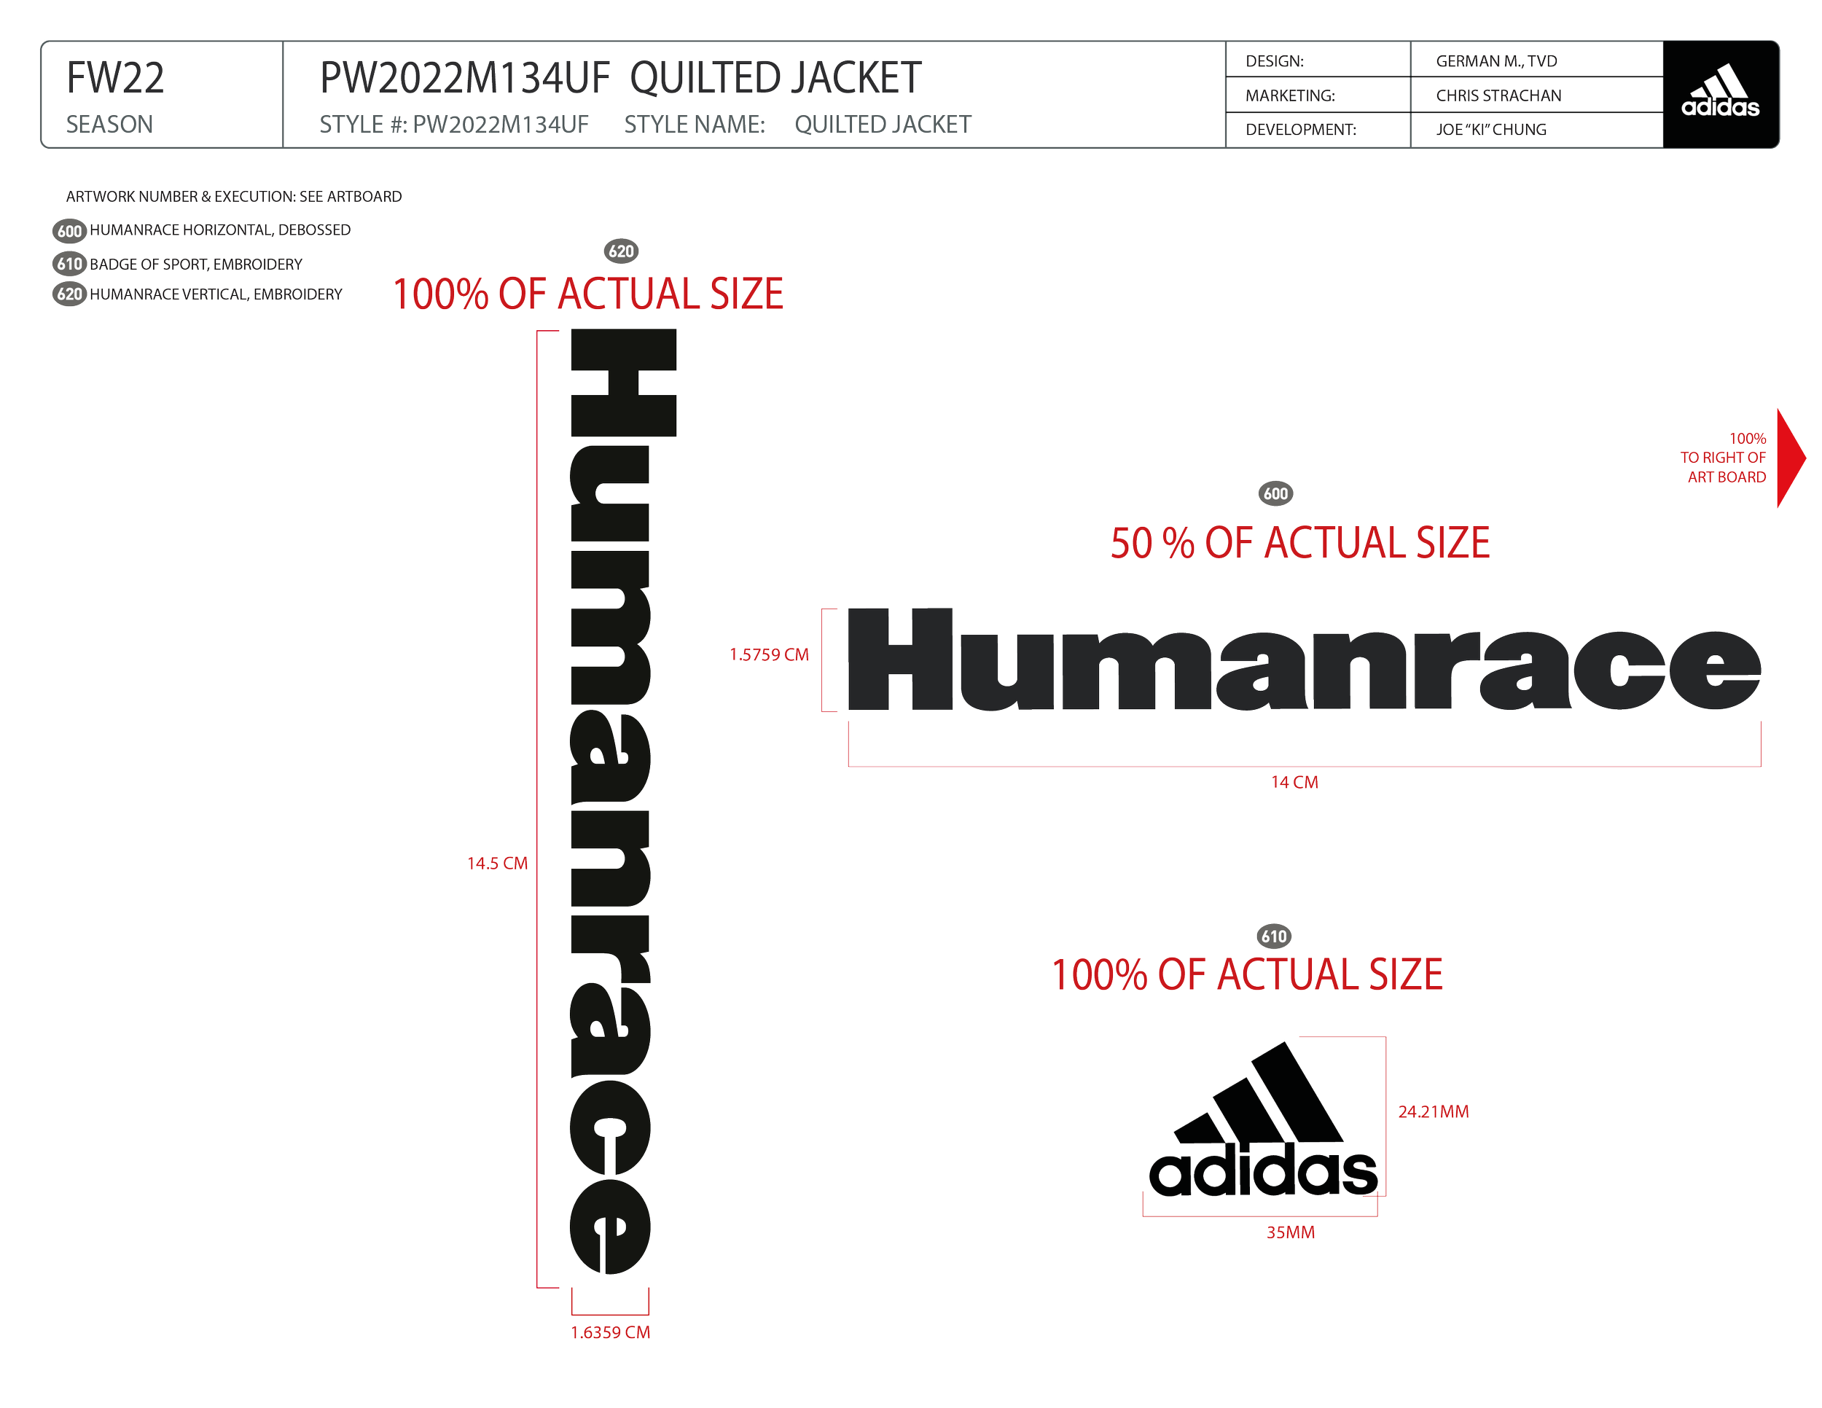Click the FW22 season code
(x=115, y=79)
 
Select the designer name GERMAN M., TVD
(x=1495, y=62)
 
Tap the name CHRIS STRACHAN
(x=1498, y=96)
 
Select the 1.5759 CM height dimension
(x=769, y=654)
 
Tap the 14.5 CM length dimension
(x=498, y=864)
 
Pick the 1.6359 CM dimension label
(x=611, y=1332)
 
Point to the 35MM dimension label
(x=1290, y=1232)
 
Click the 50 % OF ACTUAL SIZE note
(x=1299, y=543)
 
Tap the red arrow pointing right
(x=1792, y=460)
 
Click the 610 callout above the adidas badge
(x=1274, y=936)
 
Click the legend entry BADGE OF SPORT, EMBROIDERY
(x=196, y=265)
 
